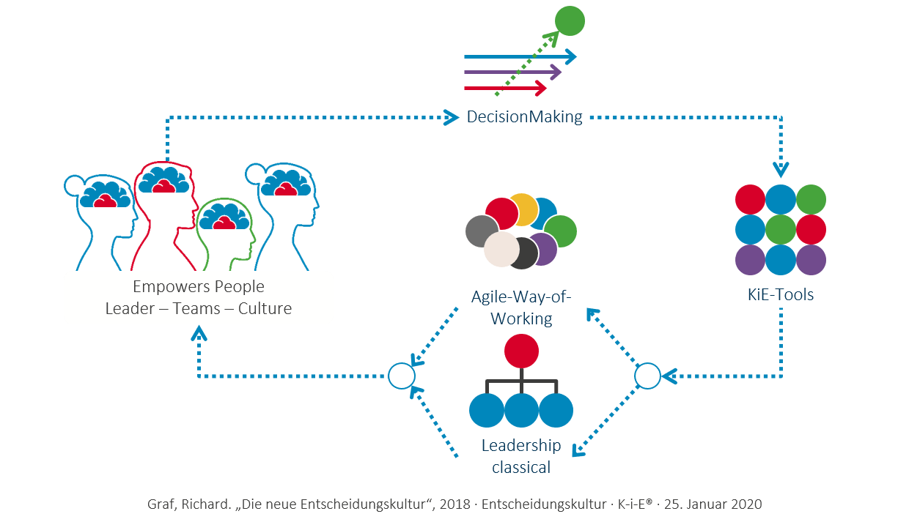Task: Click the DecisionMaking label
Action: coord(524,116)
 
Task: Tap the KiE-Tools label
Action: coord(781,295)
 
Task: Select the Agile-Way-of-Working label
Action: coord(520,307)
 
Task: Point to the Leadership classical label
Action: coord(521,456)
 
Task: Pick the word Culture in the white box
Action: coord(265,309)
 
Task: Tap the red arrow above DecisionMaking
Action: coord(506,89)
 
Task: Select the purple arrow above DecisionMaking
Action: coord(513,72)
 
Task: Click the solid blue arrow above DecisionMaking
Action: coord(520,56)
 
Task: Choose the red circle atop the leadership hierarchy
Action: coord(521,351)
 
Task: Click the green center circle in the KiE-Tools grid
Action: coord(781,229)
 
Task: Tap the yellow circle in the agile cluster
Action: coord(523,209)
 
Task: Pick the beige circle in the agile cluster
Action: coord(502,249)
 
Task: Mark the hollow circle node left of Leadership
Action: coord(401,376)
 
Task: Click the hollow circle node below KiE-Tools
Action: coord(647,376)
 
